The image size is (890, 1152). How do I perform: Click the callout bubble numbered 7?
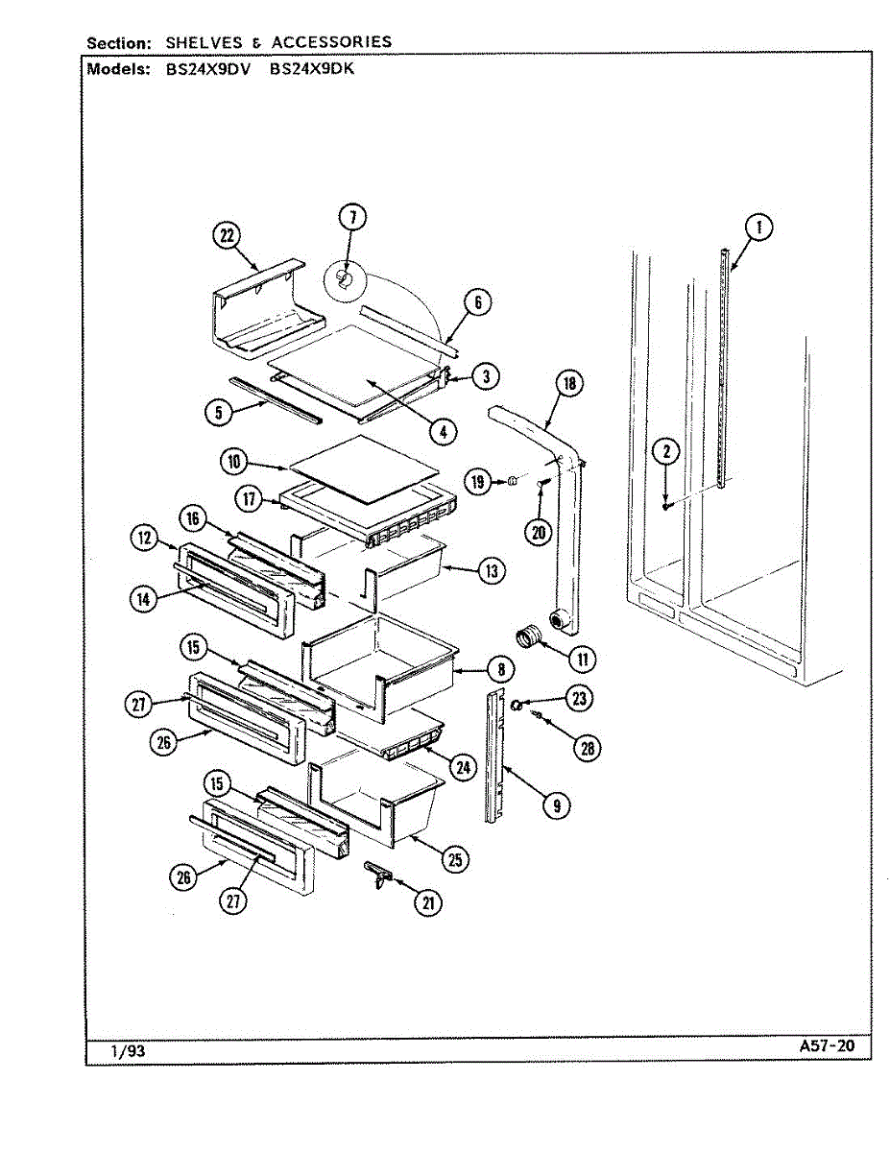pyautogui.click(x=352, y=217)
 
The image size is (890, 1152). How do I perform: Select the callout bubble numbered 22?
pyautogui.click(x=226, y=236)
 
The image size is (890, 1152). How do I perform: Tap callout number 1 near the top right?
pyautogui.click(x=758, y=228)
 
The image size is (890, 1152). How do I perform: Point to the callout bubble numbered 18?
pyautogui.click(x=569, y=384)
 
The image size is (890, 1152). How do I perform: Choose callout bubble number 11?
pyautogui.click(x=582, y=659)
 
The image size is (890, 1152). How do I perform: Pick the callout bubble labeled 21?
pyautogui.click(x=427, y=901)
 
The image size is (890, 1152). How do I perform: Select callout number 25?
pyautogui.click(x=456, y=859)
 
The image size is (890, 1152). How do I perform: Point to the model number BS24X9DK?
pyautogui.click(x=312, y=69)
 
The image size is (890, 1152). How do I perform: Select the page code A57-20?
pyautogui.click(x=825, y=1046)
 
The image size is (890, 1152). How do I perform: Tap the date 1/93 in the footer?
pyautogui.click(x=128, y=1051)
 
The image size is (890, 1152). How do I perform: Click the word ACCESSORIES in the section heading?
pyautogui.click(x=331, y=42)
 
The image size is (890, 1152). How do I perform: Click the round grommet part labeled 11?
pyautogui.click(x=529, y=636)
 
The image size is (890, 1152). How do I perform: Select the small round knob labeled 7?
pyautogui.click(x=345, y=279)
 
